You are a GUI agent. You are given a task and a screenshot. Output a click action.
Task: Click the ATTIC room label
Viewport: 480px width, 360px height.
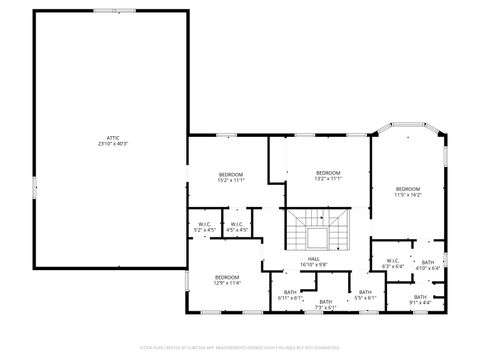113,138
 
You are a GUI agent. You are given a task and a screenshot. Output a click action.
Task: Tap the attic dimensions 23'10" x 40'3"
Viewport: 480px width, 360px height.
113,144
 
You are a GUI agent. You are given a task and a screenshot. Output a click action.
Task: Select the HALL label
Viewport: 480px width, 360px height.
313,259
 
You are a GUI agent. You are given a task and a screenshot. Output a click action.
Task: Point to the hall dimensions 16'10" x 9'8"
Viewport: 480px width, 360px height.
313,265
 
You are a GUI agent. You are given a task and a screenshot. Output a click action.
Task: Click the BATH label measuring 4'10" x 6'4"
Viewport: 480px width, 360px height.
428,265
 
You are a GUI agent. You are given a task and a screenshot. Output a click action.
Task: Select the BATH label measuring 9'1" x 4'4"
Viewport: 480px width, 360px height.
421,298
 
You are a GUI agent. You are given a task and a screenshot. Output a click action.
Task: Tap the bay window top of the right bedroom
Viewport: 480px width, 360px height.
408,127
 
